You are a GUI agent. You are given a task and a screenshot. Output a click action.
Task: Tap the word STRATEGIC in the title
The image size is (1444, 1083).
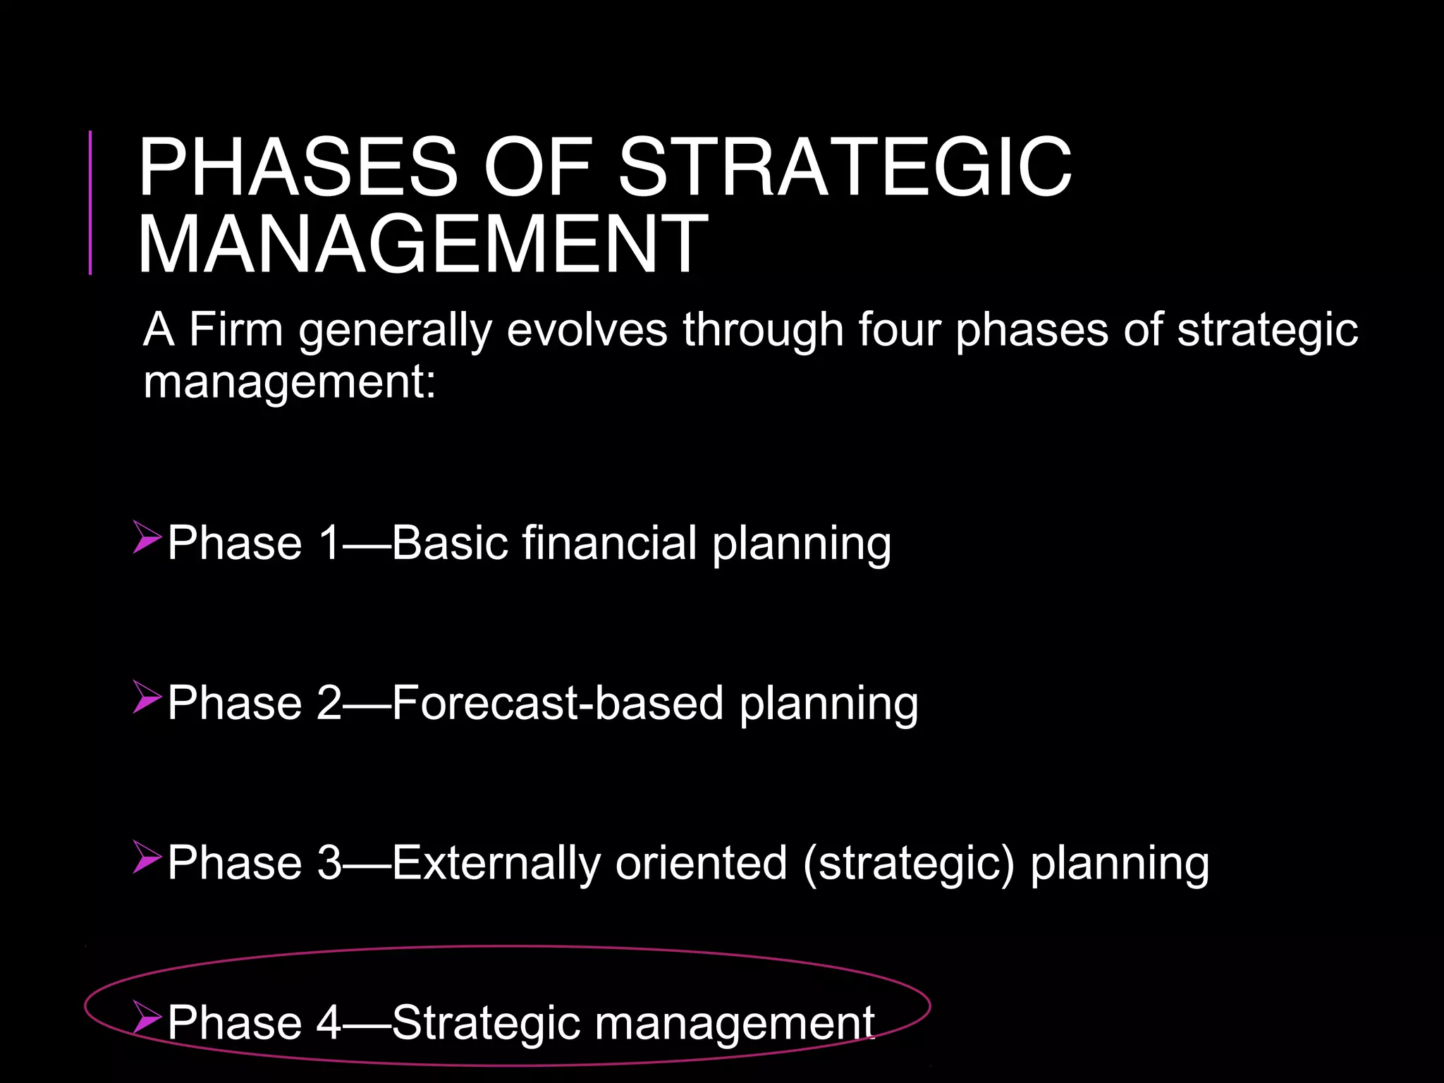pyautogui.click(x=844, y=167)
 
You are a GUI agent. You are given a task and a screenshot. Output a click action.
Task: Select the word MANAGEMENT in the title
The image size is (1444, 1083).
pyautogui.click(x=423, y=245)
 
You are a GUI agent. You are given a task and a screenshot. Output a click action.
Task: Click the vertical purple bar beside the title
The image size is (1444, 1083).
pyautogui.click(x=90, y=202)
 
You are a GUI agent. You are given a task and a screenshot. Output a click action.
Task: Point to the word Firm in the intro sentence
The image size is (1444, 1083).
pyautogui.click(x=235, y=330)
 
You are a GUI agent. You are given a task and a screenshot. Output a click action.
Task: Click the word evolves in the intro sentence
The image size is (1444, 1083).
pyautogui.click(x=587, y=330)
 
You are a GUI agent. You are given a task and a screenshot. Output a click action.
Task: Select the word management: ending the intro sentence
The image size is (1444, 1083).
pyautogui.click(x=290, y=383)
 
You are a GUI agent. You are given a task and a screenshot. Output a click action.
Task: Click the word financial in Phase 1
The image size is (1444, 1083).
pyautogui.click(x=610, y=544)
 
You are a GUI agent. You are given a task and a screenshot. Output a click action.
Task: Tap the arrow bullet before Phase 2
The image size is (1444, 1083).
pyautogui.click(x=147, y=697)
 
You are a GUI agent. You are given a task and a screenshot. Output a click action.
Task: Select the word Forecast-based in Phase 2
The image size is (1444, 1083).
pyautogui.click(x=558, y=704)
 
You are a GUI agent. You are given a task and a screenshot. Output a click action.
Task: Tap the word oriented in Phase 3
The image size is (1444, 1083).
pyautogui.click(x=701, y=863)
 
